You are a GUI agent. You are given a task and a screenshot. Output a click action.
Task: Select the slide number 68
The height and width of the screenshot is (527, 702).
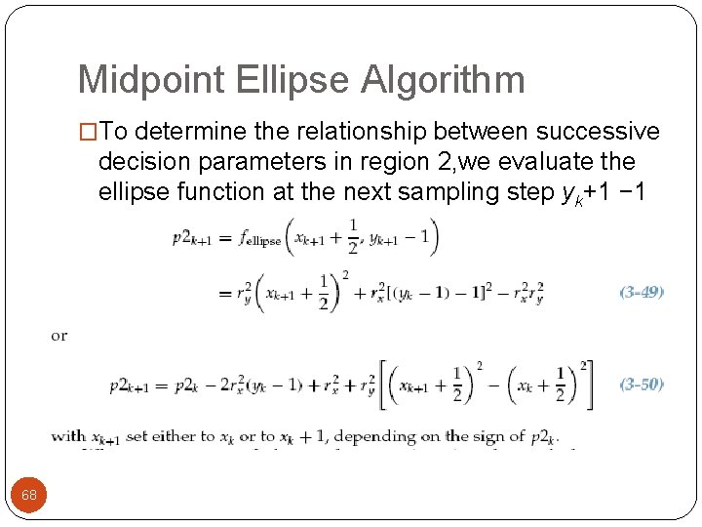(x=29, y=495)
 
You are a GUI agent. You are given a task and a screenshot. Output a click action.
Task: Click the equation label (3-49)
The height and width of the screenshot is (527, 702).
(x=642, y=291)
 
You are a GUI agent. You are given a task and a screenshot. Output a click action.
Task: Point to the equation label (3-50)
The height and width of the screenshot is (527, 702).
(x=642, y=384)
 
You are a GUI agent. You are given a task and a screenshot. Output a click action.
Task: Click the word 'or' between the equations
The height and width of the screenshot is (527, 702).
(x=59, y=337)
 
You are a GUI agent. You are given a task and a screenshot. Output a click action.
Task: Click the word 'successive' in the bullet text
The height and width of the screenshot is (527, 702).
(x=596, y=132)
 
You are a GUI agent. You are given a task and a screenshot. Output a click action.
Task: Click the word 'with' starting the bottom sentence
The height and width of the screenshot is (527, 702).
(x=68, y=436)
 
